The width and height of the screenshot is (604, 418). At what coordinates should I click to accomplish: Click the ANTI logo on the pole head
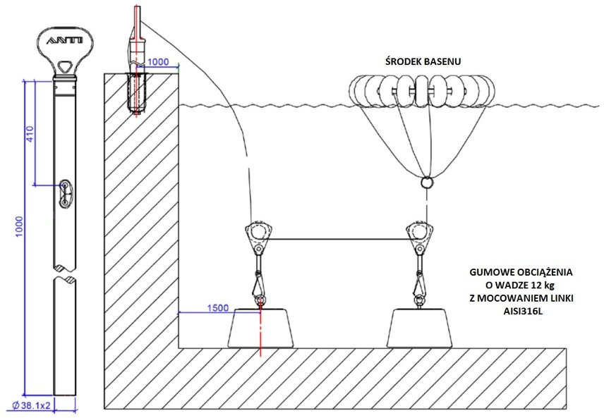tap(64, 42)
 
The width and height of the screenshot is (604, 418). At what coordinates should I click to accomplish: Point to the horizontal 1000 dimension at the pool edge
tap(158, 61)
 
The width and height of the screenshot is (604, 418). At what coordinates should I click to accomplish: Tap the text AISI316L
tap(521, 310)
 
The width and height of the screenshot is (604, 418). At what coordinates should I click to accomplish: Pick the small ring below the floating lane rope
tap(426, 183)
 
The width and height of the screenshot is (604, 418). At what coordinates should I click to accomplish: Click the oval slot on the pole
tap(64, 192)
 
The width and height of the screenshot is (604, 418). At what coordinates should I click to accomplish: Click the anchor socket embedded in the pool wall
tap(135, 92)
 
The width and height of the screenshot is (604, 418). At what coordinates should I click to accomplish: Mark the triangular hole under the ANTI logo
tap(65, 67)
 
